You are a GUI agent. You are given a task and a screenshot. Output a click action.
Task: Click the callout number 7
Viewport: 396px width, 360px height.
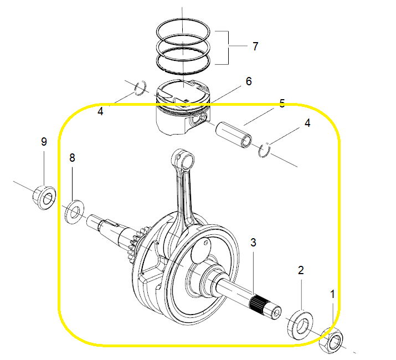(x=255, y=46)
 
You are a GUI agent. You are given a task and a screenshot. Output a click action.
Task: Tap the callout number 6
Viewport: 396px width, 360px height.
(x=249, y=81)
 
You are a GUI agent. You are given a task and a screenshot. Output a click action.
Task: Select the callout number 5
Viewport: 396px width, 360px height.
(x=282, y=104)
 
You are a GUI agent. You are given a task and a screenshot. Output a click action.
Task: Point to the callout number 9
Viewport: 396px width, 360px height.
(x=44, y=142)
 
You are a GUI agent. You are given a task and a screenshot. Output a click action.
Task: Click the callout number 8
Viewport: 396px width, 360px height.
(x=72, y=158)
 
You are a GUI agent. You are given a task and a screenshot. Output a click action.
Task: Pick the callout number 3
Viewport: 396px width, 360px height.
(x=253, y=242)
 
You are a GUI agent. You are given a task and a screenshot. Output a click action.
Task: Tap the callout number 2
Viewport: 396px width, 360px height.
(x=301, y=270)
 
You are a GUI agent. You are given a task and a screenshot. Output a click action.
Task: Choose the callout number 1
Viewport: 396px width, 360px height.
(x=333, y=294)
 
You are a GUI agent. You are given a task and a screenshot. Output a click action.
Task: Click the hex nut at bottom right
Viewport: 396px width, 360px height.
(x=331, y=341)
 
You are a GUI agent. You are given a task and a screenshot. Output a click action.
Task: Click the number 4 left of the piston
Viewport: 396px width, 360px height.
(x=100, y=111)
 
